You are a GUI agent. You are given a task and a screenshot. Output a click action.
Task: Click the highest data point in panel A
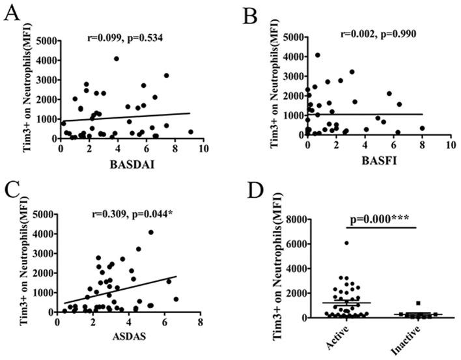click(x=116, y=59)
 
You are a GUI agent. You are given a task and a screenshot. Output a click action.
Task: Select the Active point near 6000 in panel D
click(x=346, y=243)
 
